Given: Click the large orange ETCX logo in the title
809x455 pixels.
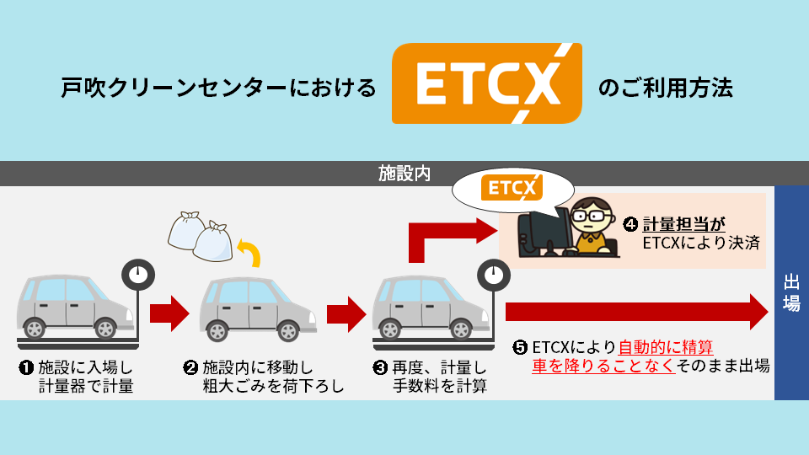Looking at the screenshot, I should tap(486, 84).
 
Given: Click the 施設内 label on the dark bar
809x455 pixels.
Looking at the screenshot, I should tap(404, 174).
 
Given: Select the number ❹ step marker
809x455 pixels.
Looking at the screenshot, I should tap(630, 225).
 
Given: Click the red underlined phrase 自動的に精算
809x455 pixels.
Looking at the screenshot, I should tap(666, 347).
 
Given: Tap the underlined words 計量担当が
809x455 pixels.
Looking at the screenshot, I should tap(683, 224).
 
